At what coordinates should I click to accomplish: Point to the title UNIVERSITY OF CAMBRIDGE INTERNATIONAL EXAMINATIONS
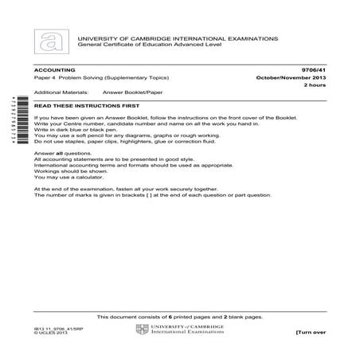coord(177,37)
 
